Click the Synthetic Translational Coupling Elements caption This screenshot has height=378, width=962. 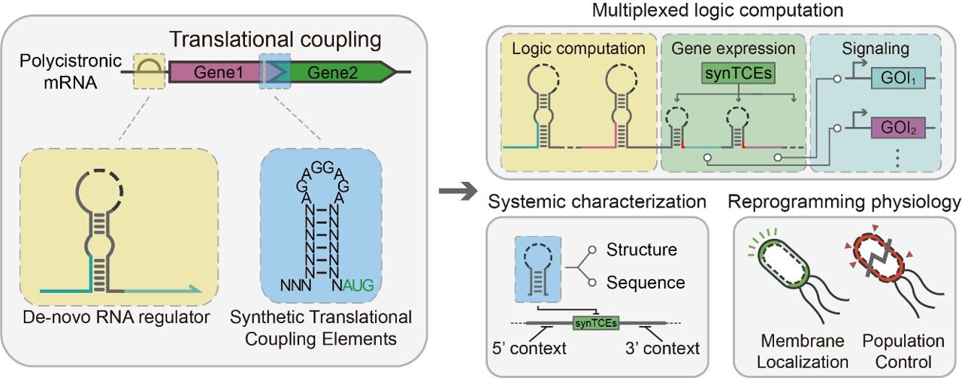click(324, 328)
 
